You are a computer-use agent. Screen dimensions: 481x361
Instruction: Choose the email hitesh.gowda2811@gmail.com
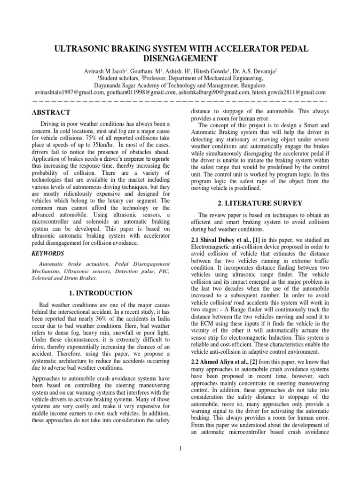(x=286, y=93)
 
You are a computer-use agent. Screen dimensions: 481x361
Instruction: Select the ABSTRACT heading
(x=51, y=113)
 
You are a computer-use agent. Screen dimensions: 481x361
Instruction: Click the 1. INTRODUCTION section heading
(x=101, y=293)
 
